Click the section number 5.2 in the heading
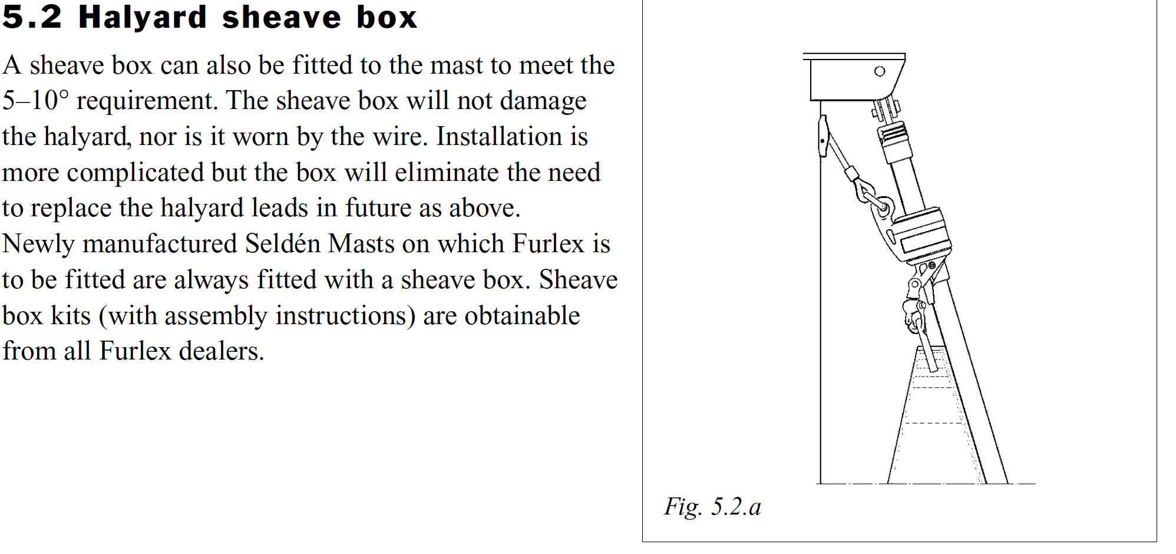tap(32, 17)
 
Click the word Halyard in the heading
tap(143, 18)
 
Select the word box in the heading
tap(387, 17)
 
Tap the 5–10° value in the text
tap(35, 101)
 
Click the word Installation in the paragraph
tap(499, 137)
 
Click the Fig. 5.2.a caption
tap(713, 507)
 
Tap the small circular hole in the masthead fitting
tap(880, 71)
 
